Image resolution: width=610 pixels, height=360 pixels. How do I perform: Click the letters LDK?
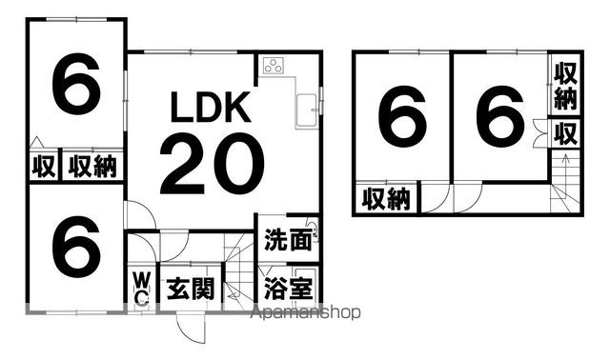coord(211,109)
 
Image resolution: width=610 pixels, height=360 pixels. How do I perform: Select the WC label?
coord(140,289)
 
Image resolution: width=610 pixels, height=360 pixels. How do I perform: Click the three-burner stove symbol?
coord(274,66)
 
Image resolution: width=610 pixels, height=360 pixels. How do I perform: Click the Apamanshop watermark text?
coord(304,312)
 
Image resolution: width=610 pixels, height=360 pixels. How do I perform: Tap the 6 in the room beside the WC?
coord(76,246)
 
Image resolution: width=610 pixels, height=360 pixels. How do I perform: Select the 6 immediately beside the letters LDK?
coord(76,89)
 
